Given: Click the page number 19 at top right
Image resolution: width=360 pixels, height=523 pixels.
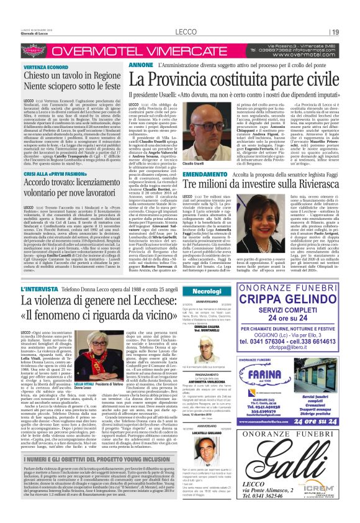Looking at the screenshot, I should pos(335,32).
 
